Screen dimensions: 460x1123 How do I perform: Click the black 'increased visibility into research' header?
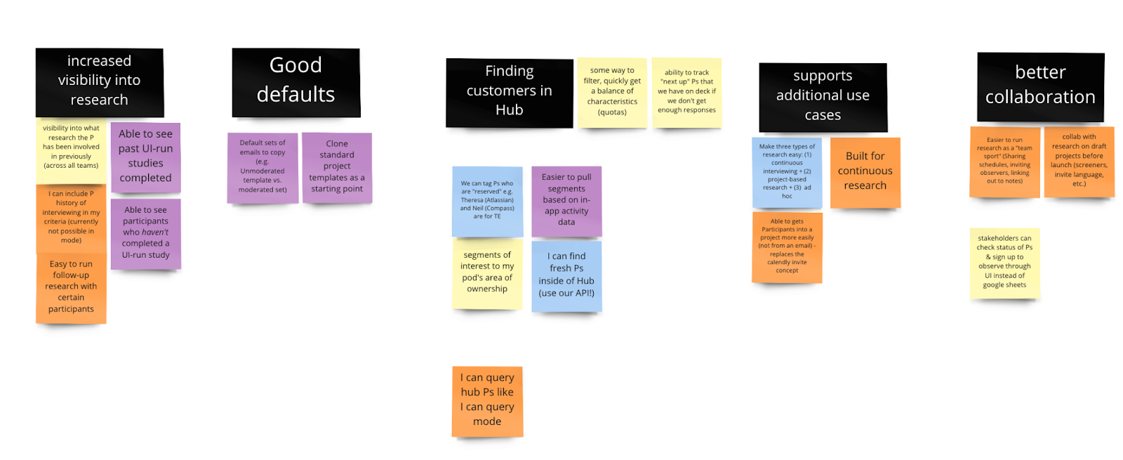pos(99,81)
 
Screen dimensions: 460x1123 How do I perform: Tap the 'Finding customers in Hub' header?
pos(509,91)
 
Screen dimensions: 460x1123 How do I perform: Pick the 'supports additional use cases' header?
pos(823,96)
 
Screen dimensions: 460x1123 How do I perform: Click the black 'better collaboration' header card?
pos(1040,86)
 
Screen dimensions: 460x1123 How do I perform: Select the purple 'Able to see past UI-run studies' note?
pos(145,157)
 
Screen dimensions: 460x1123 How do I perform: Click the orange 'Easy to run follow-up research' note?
pos(71,287)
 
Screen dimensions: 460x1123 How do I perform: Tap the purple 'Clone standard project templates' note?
pos(337,167)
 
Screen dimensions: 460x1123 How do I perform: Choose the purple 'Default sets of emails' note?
pos(263,167)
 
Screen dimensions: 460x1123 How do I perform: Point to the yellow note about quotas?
pos(612,92)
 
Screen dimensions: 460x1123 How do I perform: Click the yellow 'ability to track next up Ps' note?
pos(686,92)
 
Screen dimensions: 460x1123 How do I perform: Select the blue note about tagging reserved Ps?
pos(487,201)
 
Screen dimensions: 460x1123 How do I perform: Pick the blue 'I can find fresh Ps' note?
pos(566,275)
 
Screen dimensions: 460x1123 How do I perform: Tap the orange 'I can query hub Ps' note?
pos(487,400)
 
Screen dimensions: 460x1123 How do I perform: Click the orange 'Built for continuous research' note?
pos(865,172)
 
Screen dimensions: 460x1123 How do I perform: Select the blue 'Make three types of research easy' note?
pos(787,172)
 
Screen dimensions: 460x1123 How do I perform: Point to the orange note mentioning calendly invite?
pos(787,247)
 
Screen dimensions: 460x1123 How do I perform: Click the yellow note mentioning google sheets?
pos(1004,263)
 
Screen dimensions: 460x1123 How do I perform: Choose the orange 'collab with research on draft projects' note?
pos(1079,161)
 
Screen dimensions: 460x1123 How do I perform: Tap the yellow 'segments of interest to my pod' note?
pos(487,273)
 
